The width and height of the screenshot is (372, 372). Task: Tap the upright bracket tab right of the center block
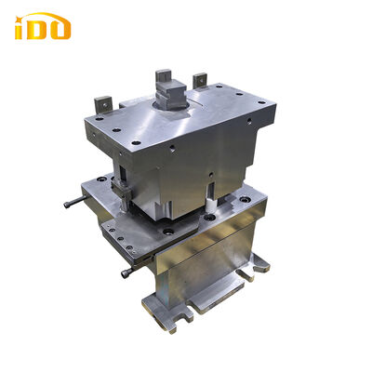coord(198,81)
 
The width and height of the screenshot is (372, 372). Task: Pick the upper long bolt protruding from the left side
coord(73,202)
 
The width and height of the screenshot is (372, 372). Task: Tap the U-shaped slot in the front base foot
coord(200,303)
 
